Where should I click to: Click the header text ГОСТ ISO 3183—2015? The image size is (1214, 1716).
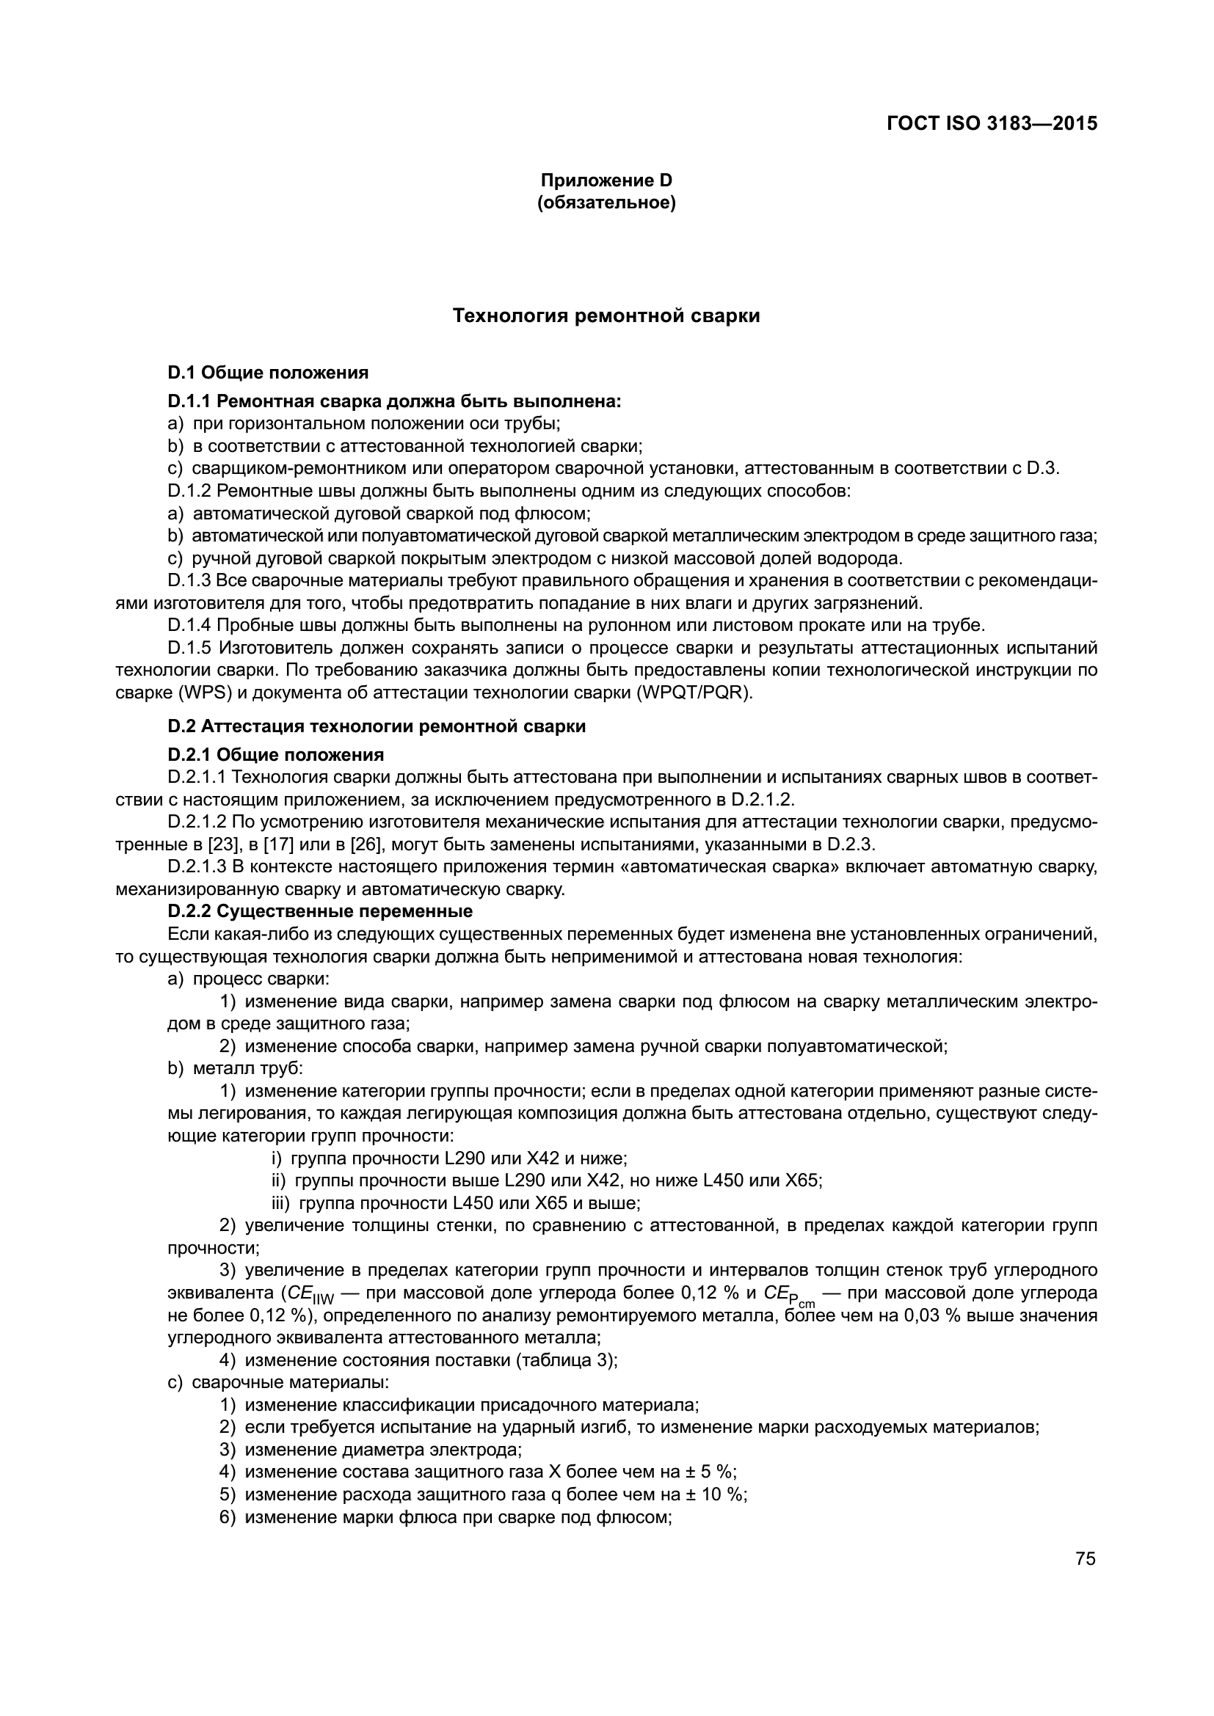[992, 123]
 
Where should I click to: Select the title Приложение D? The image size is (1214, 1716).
[606, 180]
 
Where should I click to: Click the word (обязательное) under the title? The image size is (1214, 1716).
[606, 202]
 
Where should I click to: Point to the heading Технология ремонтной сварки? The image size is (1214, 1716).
[606, 316]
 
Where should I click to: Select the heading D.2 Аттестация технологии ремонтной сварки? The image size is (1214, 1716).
[377, 726]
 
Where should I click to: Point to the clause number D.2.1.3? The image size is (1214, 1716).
[197, 867]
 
